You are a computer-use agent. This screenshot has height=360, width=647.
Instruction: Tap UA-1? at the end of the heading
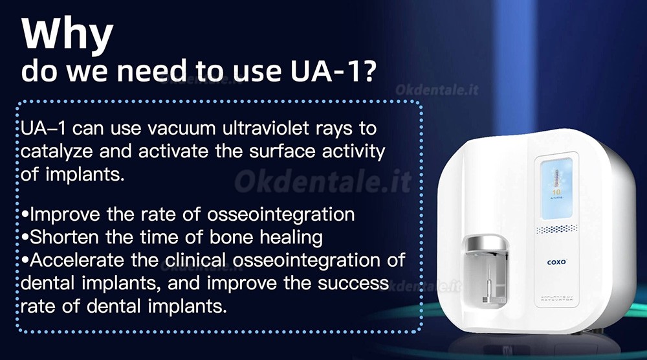coord(333,71)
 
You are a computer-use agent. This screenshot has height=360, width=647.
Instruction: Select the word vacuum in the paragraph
coord(181,128)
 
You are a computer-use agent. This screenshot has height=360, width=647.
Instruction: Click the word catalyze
coord(56,152)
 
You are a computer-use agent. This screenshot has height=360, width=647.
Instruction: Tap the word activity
coord(353,152)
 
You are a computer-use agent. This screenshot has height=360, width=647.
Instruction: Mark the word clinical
coord(195,260)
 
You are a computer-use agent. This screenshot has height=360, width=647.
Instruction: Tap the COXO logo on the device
coord(556,262)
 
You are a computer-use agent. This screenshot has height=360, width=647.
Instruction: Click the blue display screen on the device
coord(556,189)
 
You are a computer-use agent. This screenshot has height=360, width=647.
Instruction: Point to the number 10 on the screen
coord(556,192)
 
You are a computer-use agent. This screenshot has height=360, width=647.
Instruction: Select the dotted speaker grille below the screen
coord(556,229)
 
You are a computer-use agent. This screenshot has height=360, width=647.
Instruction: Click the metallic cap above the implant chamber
coord(485,243)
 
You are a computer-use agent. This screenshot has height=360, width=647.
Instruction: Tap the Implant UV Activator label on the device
coord(556,298)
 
